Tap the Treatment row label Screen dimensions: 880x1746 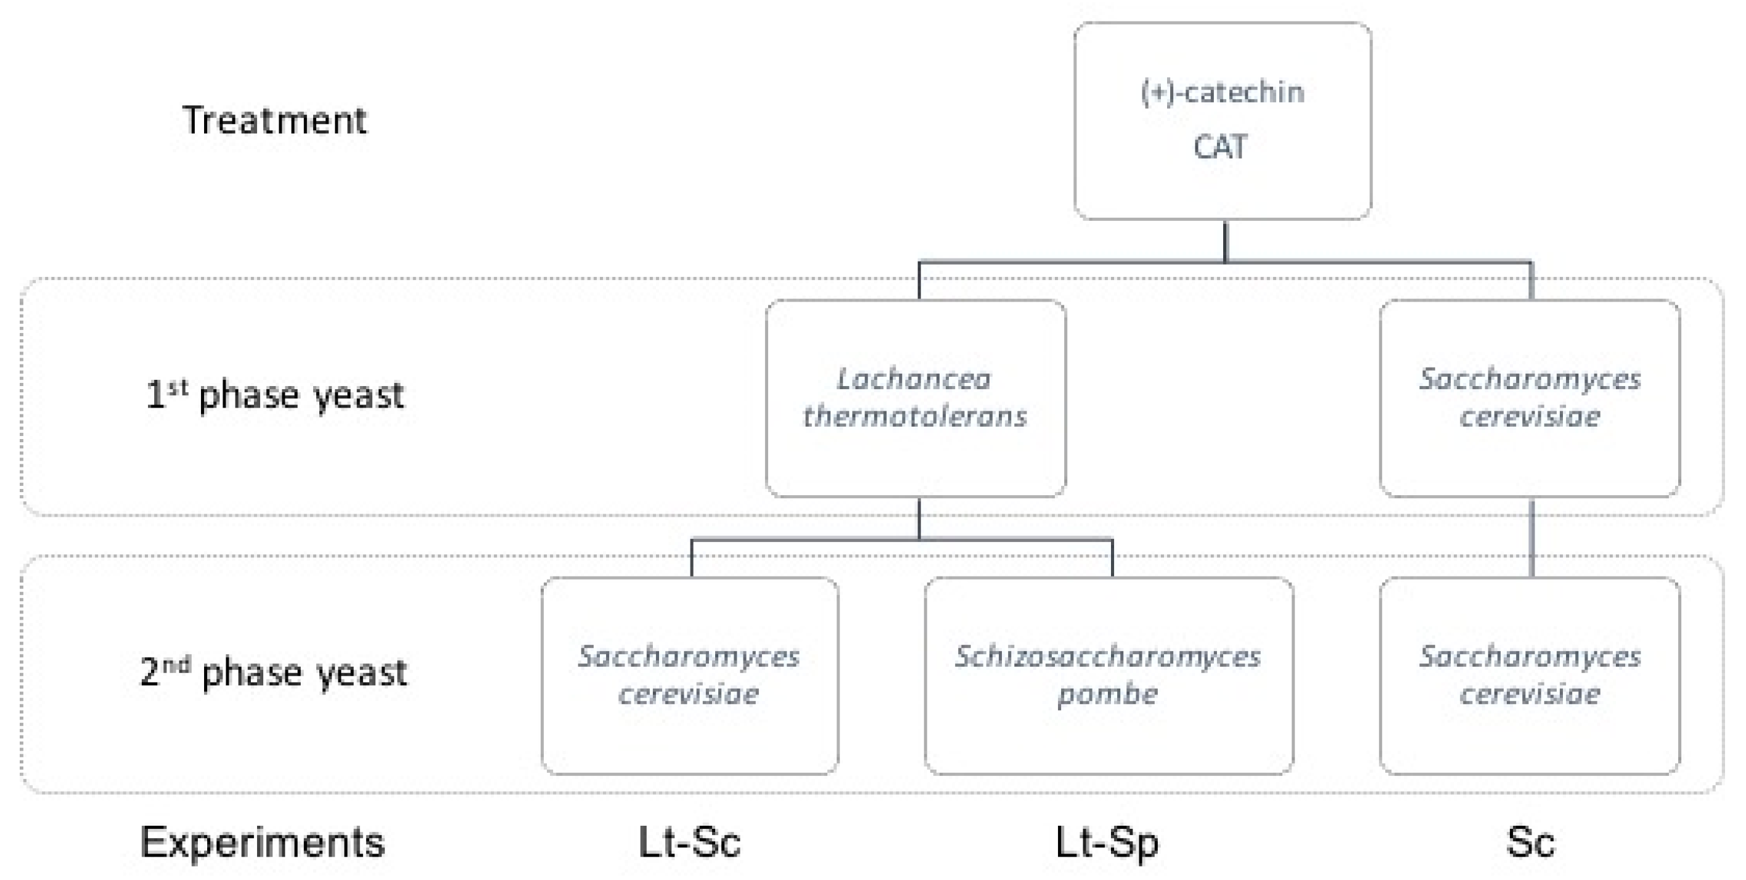point(274,121)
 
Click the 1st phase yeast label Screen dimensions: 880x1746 point(274,395)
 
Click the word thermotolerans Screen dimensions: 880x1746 point(915,416)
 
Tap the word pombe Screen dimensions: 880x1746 point(1107,694)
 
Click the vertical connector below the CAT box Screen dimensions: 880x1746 point(1225,241)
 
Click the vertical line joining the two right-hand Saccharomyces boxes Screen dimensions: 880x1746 point(1532,537)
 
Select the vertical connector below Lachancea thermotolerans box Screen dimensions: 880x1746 point(919,519)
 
